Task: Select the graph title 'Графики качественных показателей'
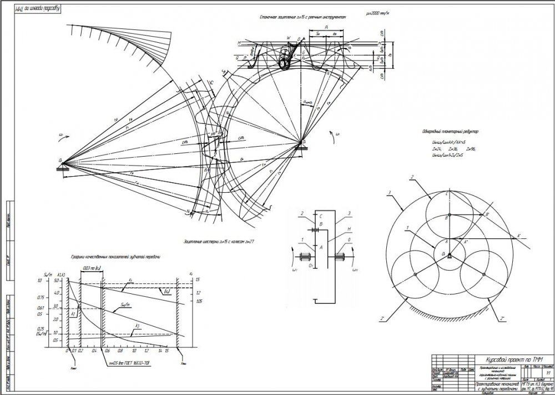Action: point(115,257)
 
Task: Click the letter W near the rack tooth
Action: point(289,38)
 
